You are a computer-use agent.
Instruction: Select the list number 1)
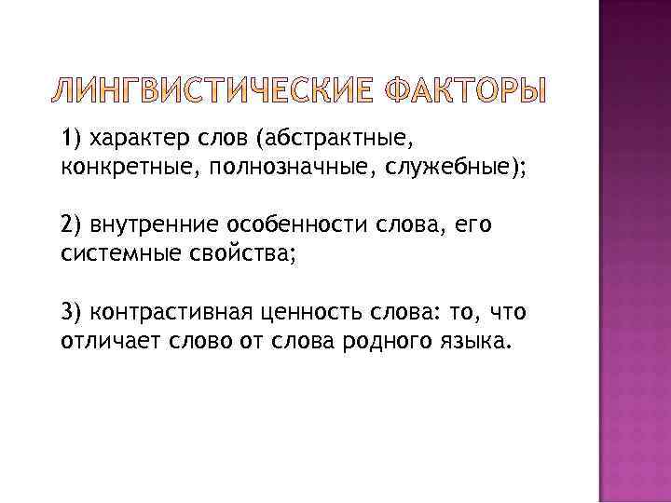[x=72, y=139]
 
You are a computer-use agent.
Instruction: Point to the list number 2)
[x=73, y=225]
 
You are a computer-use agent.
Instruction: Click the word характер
[x=131, y=139]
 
